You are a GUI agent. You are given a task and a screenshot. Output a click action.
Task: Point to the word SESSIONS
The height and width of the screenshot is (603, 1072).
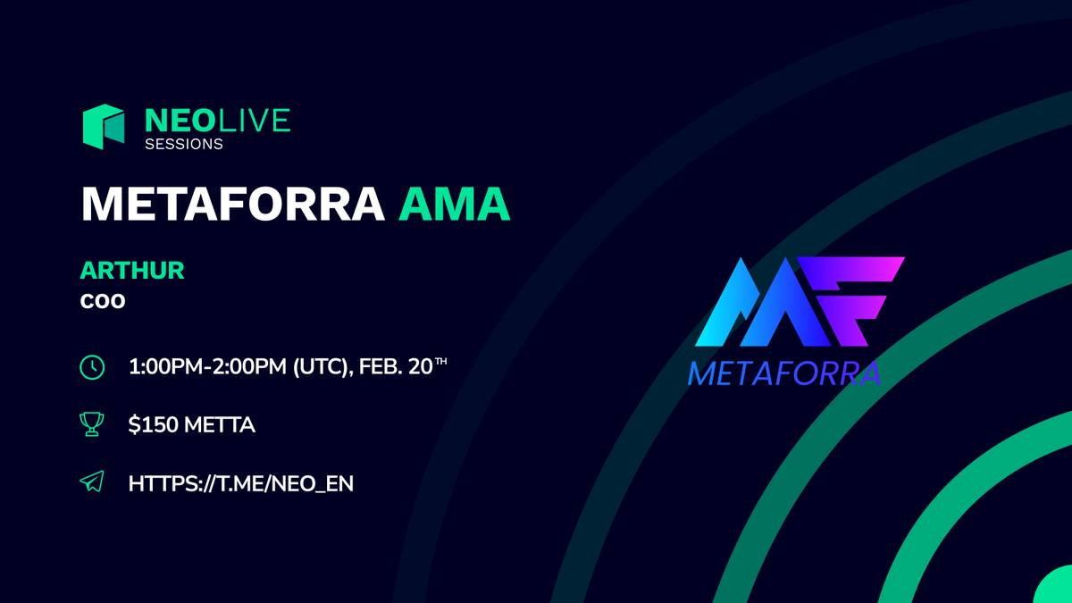tap(184, 143)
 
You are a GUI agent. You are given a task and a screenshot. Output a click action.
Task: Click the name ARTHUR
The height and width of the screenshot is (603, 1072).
tap(132, 271)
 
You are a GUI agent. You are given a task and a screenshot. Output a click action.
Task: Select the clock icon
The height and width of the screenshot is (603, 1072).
tap(92, 366)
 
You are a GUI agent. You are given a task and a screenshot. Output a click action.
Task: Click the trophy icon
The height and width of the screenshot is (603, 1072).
tap(92, 425)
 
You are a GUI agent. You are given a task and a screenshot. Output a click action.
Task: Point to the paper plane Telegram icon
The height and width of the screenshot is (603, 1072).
tap(92, 483)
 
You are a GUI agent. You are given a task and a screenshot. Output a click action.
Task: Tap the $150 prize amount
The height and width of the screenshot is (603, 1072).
tap(153, 425)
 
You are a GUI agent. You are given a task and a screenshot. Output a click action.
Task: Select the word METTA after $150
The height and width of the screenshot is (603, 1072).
tap(220, 425)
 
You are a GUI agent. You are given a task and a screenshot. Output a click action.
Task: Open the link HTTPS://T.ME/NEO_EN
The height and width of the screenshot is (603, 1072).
tap(240, 483)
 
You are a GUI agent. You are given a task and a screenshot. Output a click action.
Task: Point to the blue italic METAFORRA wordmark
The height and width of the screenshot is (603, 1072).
tap(784, 373)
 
